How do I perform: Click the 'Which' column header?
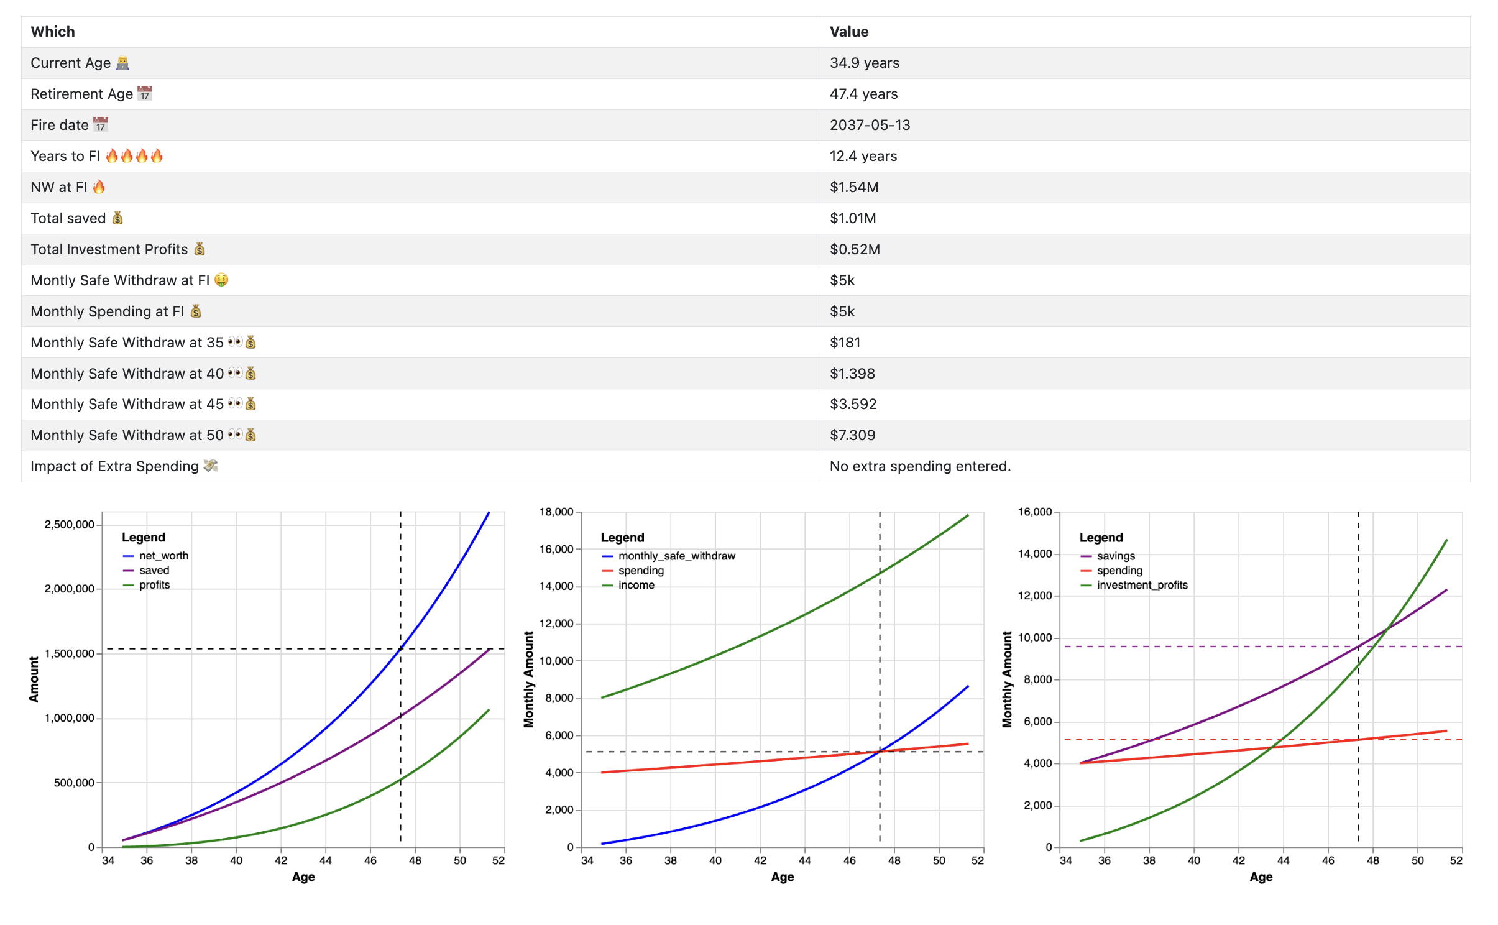point(53,32)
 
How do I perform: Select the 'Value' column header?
point(848,32)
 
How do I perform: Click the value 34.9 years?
point(864,63)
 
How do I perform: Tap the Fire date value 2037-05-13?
point(869,125)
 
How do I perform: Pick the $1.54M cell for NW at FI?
point(853,187)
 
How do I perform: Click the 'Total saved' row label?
point(68,218)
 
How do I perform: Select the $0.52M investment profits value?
point(854,249)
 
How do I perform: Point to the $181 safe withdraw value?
point(845,343)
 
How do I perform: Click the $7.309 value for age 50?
point(852,435)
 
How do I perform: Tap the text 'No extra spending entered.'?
point(919,466)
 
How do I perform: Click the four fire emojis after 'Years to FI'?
point(134,156)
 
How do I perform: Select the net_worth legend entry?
point(163,556)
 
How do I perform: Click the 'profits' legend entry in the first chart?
point(154,585)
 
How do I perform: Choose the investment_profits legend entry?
point(1141,585)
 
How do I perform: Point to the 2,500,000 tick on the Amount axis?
point(69,525)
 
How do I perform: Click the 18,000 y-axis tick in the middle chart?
point(556,512)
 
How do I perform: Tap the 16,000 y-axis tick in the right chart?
point(1034,512)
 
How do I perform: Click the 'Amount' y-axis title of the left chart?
point(34,679)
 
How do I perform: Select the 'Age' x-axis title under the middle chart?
point(782,877)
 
